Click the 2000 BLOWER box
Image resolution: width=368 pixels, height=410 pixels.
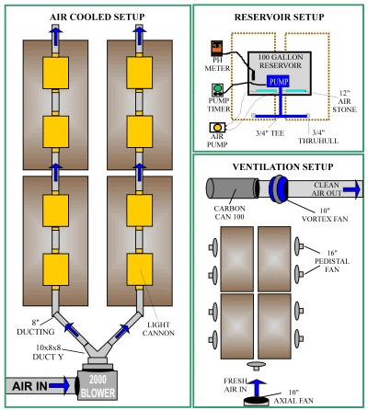[x=98, y=385]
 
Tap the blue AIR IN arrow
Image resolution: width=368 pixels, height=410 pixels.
[x=60, y=385]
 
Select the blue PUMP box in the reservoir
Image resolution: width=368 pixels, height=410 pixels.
[x=279, y=82]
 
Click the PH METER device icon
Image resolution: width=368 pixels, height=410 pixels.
[x=217, y=48]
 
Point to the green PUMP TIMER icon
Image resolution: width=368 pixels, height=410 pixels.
[x=217, y=90]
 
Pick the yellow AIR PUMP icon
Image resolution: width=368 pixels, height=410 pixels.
[x=217, y=127]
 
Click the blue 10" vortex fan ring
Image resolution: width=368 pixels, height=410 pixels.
[x=279, y=188]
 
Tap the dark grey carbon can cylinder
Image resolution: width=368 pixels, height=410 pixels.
[x=232, y=188]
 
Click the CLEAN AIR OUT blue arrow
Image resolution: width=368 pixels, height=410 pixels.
[x=351, y=189]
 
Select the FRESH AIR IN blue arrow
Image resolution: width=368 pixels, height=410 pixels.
[x=257, y=388]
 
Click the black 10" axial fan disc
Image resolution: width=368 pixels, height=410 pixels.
[x=257, y=400]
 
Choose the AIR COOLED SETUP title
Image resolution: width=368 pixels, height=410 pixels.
[x=98, y=17]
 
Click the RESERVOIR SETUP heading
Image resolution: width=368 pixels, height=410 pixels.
[x=280, y=17]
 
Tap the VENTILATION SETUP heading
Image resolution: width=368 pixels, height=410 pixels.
[x=282, y=167]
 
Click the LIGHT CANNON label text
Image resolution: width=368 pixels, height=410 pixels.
[x=158, y=329]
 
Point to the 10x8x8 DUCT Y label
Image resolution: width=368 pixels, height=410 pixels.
[x=48, y=352]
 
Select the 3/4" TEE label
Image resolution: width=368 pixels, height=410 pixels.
[x=270, y=133]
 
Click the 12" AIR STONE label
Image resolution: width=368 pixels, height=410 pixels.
[x=344, y=101]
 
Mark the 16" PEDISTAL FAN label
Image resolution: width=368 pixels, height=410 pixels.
[x=332, y=261]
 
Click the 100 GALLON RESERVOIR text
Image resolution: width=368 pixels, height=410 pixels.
[x=280, y=61]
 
